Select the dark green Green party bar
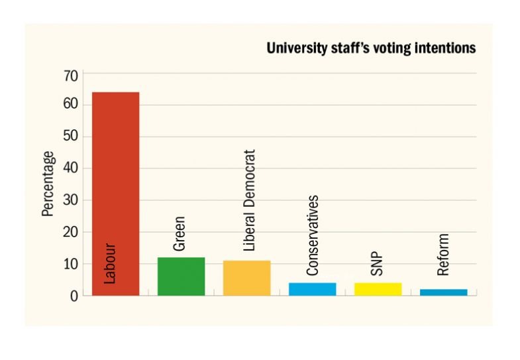181,276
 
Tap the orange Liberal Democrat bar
246,278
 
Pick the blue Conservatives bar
312,288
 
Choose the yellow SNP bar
378,288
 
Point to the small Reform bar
443,292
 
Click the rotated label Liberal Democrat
250,200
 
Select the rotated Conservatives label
313,235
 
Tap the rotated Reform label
444,255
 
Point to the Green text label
180,233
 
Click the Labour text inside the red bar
110,264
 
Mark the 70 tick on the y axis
71,75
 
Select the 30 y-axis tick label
71,200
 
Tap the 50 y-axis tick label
71,137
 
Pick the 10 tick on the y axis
71,264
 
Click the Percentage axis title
48,184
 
